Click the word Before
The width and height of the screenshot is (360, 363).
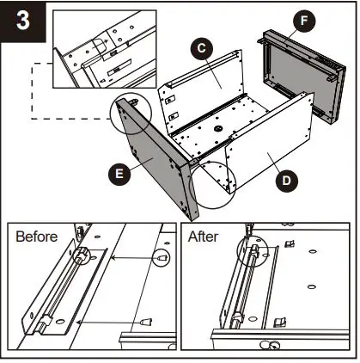click(x=40, y=236)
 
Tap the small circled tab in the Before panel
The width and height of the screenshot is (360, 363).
click(x=160, y=257)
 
